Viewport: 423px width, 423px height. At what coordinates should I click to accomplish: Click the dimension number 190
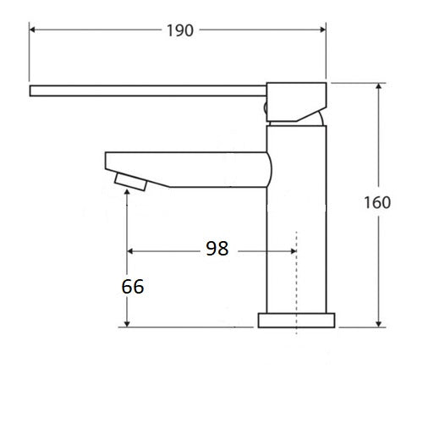coord(180,30)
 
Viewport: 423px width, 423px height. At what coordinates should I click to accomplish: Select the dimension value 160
coord(378,202)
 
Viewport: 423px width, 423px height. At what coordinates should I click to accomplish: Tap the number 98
coord(217,249)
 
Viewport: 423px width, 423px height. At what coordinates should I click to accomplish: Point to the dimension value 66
coord(132,286)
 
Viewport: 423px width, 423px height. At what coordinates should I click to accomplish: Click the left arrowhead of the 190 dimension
coord(35,30)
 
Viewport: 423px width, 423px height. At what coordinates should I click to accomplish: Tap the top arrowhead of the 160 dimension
coord(378,87)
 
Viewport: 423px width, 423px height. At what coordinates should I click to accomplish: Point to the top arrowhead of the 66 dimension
coord(127,193)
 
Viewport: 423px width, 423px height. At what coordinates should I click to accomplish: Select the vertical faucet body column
coord(296,220)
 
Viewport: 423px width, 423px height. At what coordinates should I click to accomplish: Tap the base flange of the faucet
coord(296,321)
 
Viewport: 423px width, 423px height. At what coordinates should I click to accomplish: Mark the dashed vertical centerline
coord(296,279)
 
